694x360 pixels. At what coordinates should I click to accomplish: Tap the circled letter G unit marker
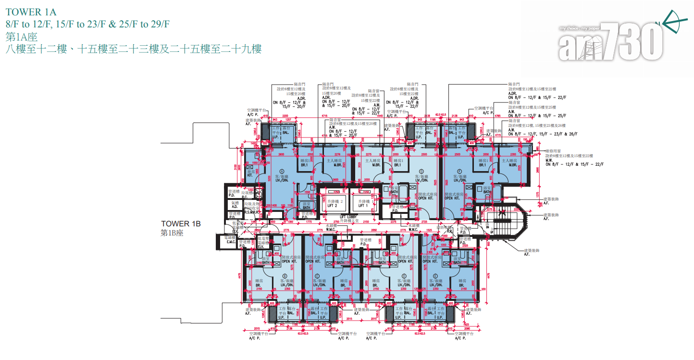(x=421, y=171)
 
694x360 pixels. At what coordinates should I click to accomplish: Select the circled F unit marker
(x=460, y=171)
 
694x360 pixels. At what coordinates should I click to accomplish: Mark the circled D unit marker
(x=403, y=276)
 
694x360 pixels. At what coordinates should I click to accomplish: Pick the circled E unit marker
(x=435, y=276)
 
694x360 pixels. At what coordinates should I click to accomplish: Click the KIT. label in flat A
(x=250, y=176)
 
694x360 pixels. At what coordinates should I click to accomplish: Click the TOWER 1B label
(x=180, y=224)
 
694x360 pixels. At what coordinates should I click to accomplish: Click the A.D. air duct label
(x=234, y=206)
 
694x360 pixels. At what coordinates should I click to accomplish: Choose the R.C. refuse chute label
(x=244, y=197)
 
